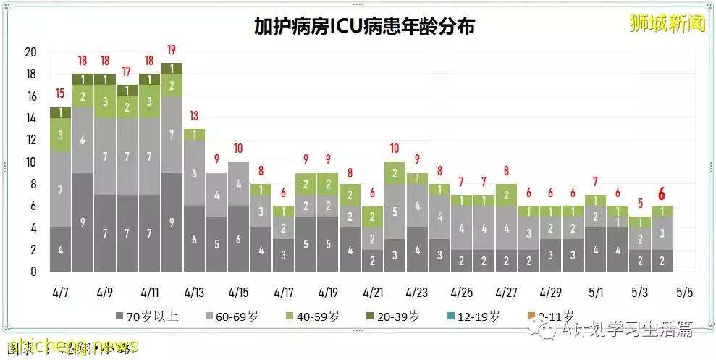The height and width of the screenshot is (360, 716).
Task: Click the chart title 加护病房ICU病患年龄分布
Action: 364,26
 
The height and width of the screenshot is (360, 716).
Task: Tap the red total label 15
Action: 60,93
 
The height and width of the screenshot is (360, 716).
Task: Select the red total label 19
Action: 172,50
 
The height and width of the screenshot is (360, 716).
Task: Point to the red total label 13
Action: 194,116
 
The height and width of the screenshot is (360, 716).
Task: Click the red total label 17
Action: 127,72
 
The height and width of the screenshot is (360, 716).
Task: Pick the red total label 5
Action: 639,204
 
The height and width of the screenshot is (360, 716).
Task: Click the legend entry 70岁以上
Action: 148,316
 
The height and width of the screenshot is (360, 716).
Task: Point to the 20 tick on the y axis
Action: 30,52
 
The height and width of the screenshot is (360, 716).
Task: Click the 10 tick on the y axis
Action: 30,162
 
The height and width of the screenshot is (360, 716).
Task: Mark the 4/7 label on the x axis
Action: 60,293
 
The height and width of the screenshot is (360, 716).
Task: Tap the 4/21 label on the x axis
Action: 372,293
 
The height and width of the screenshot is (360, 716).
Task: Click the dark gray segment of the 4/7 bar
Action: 60,250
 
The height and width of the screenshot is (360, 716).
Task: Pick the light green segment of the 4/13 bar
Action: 194,135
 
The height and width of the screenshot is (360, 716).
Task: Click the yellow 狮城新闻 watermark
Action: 667,25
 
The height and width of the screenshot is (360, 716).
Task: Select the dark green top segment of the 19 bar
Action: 172,69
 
